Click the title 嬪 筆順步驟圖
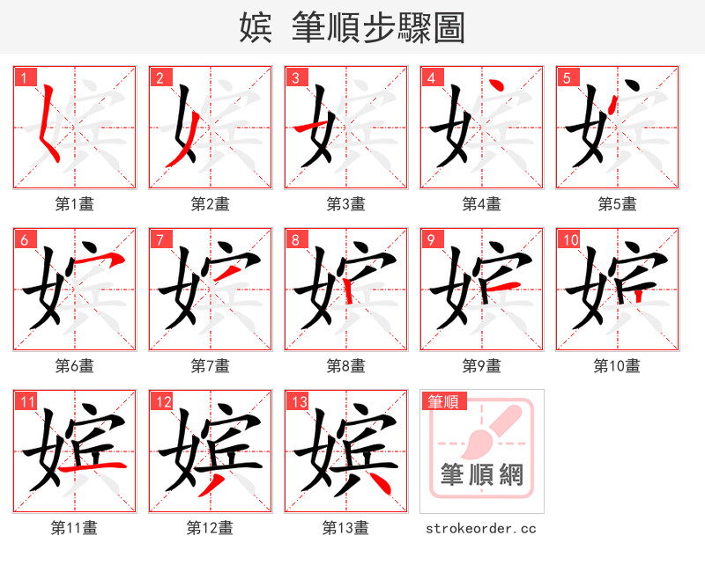point(352,27)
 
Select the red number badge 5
point(566,77)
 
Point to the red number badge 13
point(298,402)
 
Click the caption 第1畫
point(74,204)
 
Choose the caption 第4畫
point(481,204)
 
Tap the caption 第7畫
point(210,366)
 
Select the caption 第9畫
point(481,366)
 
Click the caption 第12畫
point(210,528)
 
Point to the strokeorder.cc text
point(481,528)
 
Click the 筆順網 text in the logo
point(481,476)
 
